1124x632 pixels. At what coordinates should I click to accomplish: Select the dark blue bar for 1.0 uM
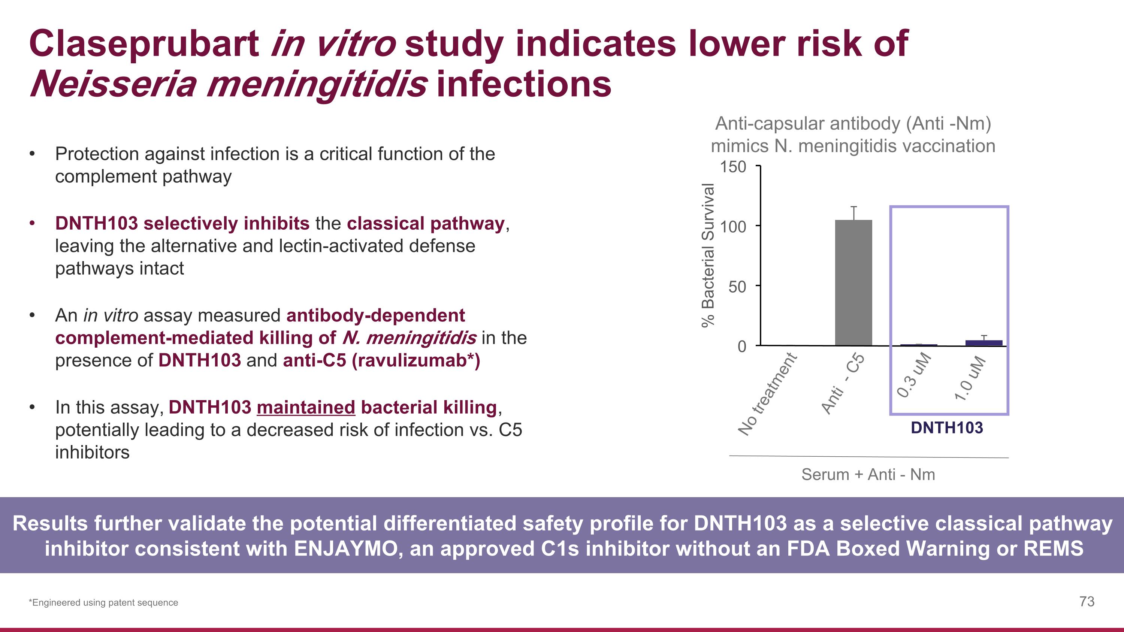coord(983,343)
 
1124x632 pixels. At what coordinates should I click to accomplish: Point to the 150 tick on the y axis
coord(733,167)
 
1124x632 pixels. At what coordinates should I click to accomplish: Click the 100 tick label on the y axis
coord(733,227)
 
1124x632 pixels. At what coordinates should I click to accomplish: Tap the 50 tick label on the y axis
coord(737,287)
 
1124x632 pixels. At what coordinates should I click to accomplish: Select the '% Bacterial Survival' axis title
coord(708,255)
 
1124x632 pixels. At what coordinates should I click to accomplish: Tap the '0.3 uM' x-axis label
coord(914,375)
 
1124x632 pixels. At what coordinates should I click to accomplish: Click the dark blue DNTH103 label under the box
coord(947,428)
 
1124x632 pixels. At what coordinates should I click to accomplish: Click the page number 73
coord(1087,602)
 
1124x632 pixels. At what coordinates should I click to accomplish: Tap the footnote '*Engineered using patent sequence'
coord(103,602)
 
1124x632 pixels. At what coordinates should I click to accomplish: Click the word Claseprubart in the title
coord(144,43)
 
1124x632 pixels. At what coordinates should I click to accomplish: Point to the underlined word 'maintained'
coord(306,407)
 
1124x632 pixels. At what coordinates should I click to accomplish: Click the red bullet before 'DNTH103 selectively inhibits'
coord(32,223)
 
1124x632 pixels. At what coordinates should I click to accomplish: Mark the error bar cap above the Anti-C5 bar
coord(853,207)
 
